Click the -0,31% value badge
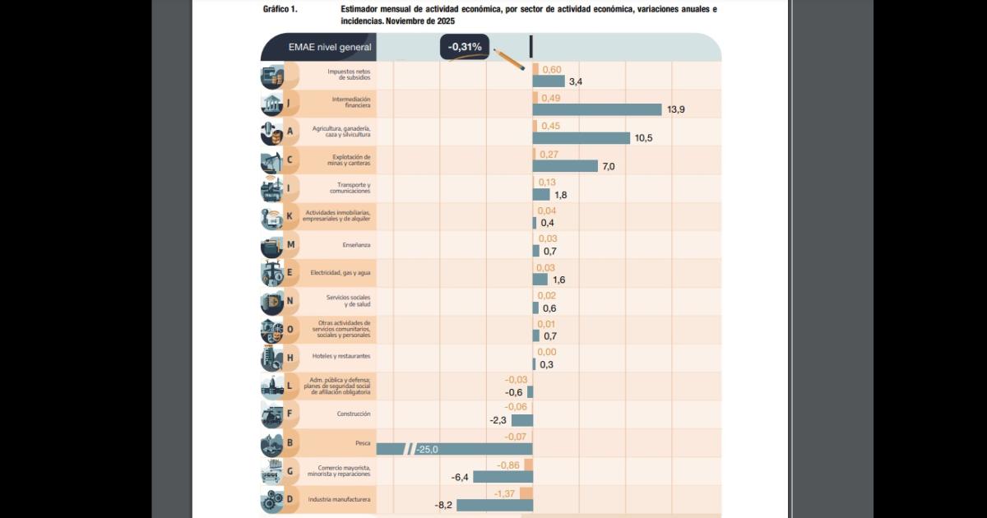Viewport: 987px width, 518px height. [465, 47]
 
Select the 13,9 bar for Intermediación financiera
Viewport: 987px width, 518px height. [597, 109]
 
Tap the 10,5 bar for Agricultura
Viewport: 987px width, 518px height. [582, 138]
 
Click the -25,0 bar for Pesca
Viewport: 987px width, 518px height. [454, 449]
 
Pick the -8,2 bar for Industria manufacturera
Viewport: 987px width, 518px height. [494, 505]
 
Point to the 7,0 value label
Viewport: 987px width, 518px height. [609, 166]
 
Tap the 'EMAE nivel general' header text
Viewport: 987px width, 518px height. [330, 47]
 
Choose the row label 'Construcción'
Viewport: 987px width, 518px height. [354, 414]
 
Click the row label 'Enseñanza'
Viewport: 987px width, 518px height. [356, 245]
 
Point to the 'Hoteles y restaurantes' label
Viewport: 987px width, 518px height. [341, 356]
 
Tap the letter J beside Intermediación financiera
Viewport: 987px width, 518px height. [290, 104]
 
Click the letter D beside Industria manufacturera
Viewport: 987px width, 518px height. [290, 499]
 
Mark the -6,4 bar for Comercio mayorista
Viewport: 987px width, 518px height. [503, 477]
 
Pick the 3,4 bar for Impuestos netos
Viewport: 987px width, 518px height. [549, 81]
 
